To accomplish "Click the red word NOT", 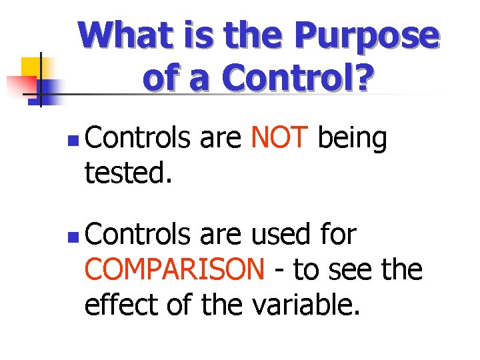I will coord(279,139).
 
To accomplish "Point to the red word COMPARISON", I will coord(175,270).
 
